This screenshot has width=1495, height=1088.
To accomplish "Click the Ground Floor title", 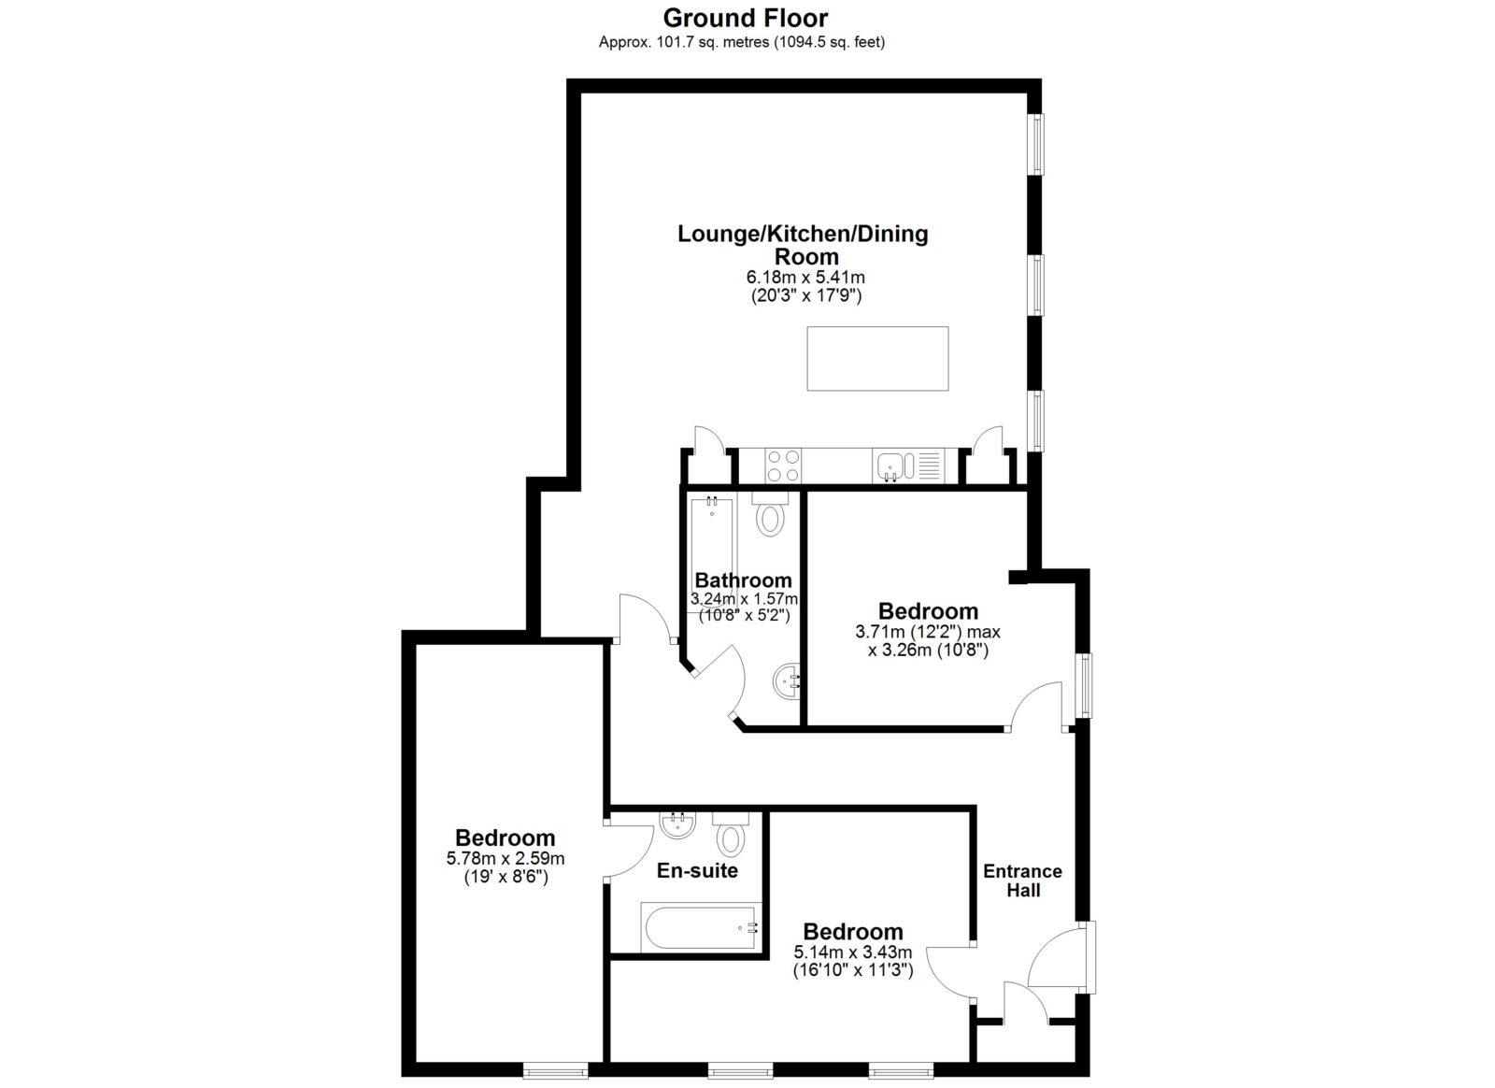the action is (746, 18).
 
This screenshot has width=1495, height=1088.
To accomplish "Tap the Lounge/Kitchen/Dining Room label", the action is (803, 245).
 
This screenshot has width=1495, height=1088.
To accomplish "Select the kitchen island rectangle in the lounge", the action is (877, 358).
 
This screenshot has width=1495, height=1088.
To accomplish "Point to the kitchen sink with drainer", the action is (908, 465).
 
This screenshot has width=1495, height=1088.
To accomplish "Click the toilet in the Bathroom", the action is (770, 514).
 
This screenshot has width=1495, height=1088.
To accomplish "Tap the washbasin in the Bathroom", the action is (788, 681).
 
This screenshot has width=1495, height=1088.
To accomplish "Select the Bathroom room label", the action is (744, 580).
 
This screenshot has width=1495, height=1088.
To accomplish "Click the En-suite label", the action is (697, 870).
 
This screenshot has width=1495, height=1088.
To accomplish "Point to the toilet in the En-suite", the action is (731, 835).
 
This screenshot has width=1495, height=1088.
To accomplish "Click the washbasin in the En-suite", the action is (678, 825).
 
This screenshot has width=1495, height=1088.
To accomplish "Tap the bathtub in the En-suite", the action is (698, 927).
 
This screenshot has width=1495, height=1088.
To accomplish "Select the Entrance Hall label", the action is (1022, 880).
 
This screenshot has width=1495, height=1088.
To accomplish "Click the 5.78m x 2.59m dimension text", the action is (505, 858).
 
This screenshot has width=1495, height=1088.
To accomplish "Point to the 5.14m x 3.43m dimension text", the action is (853, 952).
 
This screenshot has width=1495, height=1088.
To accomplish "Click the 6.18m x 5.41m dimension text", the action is (805, 277).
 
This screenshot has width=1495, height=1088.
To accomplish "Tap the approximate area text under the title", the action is (742, 42).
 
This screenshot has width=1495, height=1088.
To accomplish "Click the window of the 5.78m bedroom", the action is (556, 1070).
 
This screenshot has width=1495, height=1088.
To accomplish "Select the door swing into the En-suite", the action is (631, 850).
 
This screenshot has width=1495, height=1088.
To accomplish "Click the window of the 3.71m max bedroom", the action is (1087, 685).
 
